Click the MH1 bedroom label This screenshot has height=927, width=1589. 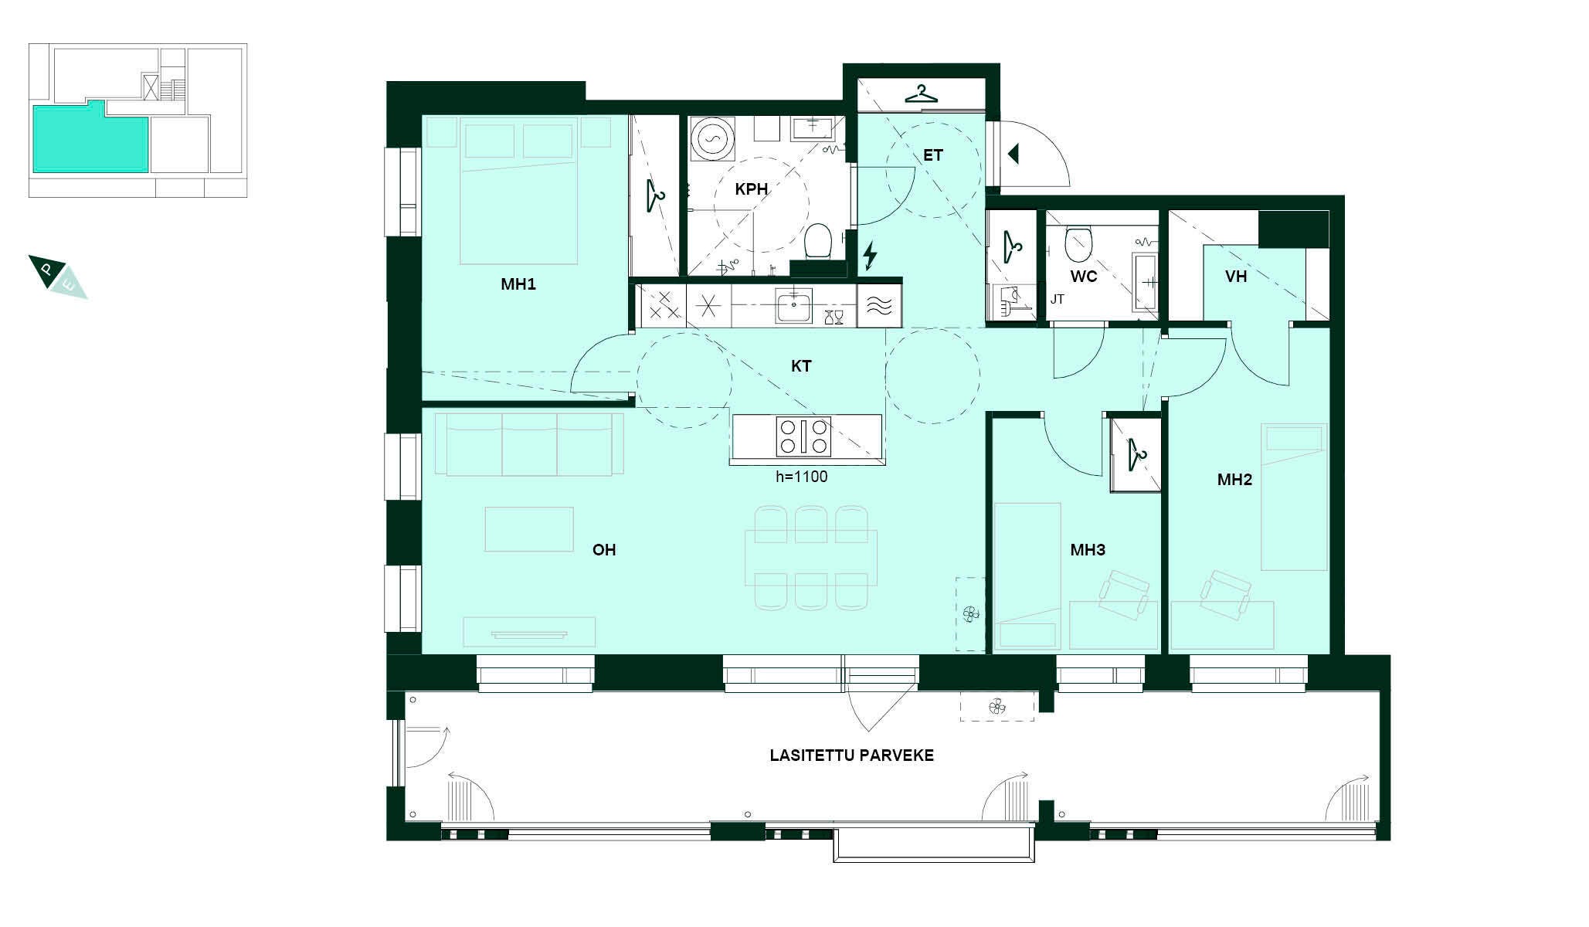pyautogui.click(x=518, y=284)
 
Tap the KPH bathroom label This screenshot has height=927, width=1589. pyautogui.click(x=751, y=189)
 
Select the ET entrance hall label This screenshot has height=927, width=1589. pyautogui.click(x=933, y=155)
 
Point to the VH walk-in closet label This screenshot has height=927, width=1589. pyautogui.click(x=1236, y=277)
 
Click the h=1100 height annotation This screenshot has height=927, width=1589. pyautogui.click(x=802, y=477)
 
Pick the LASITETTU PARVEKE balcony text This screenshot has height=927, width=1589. pyautogui.click(x=851, y=756)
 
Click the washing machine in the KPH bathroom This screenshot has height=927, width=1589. pyautogui.click(x=710, y=139)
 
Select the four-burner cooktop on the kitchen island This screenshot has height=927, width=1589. pyautogui.click(x=803, y=436)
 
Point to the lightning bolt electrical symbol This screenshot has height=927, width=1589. pyautogui.click(x=870, y=256)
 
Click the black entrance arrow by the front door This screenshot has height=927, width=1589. pyautogui.click(x=1013, y=154)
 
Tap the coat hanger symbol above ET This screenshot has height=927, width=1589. pyautogui.click(x=921, y=93)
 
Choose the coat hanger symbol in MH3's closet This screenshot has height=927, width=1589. pyautogui.click(x=1136, y=453)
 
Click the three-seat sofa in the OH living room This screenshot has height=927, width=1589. pyautogui.click(x=529, y=444)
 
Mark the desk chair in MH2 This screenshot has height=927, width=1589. pyautogui.click(x=1226, y=594)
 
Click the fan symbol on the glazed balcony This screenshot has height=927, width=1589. pyautogui.click(x=997, y=706)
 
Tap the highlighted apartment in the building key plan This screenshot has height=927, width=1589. pyautogui.click(x=90, y=136)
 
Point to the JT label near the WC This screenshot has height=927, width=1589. pyautogui.click(x=1058, y=299)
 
